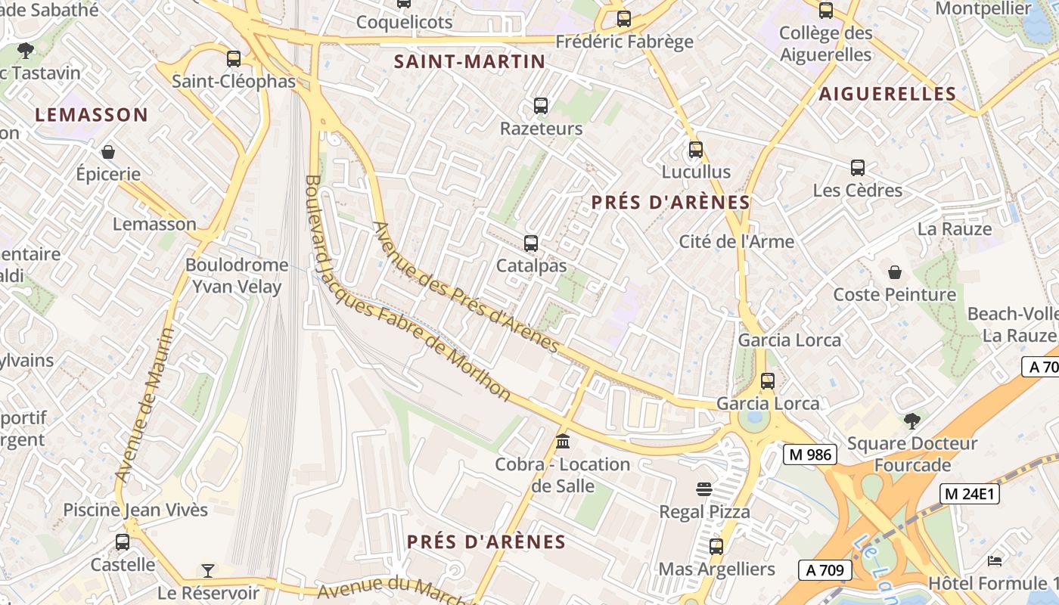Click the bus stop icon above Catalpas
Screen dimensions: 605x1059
pyautogui.click(x=531, y=244)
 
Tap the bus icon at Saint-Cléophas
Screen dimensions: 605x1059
pyautogui.click(x=234, y=59)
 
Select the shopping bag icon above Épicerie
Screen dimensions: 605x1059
pyautogui.click(x=108, y=152)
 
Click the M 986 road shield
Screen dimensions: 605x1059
pyautogui.click(x=809, y=455)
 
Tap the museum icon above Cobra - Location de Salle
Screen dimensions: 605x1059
pyautogui.click(x=563, y=442)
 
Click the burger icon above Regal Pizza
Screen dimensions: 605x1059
pyautogui.click(x=704, y=489)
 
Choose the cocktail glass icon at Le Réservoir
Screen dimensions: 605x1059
pyautogui.click(x=208, y=570)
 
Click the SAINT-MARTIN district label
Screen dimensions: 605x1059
pyautogui.click(x=470, y=62)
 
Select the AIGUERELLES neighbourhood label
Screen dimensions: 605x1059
pyautogui.click(x=888, y=94)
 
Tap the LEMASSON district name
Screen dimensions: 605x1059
pyautogui.click(x=92, y=115)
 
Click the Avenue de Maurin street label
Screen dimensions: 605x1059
pyautogui.click(x=144, y=405)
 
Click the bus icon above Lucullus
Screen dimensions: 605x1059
pyautogui.click(x=696, y=150)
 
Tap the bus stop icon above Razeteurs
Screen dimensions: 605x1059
pyautogui.click(x=541, y=106)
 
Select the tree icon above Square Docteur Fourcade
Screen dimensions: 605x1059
pyautogui.click(x=912, y=420)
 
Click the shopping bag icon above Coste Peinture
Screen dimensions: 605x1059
pyautogui.click(x=895, y=272)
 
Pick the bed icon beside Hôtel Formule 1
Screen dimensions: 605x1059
pyautogui.click(x=995, y=561)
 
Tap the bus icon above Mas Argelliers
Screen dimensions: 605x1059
pyautogui.click(x=716, y=546)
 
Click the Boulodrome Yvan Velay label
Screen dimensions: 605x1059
pyautogui.click(x=236, y=275)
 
